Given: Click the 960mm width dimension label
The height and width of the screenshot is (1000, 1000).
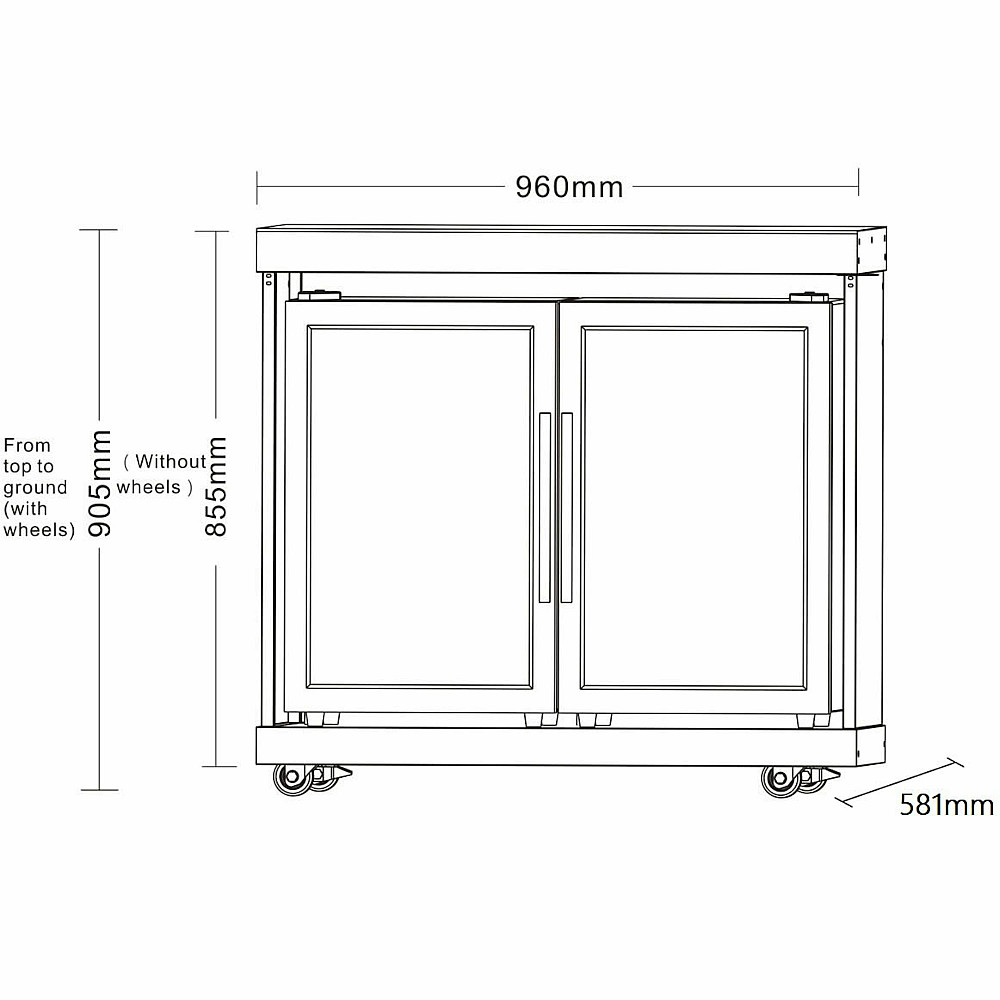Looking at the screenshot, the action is (x=569, y=187).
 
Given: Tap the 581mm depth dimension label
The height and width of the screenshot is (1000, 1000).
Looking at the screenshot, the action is (x=946, y=805).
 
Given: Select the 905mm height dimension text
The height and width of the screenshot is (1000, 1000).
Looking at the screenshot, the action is (x=99, y=483).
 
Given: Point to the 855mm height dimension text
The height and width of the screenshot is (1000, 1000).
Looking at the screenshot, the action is (x=216, y=487).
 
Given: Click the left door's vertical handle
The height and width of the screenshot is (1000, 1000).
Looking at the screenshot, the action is (x=545, y=508).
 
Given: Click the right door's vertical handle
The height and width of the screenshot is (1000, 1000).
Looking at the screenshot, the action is (x=566, y=508).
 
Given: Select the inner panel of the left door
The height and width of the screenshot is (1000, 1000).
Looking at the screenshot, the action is (x=420, y=508).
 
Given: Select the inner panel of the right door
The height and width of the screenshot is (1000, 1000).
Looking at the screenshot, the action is (x=694, y=508).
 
